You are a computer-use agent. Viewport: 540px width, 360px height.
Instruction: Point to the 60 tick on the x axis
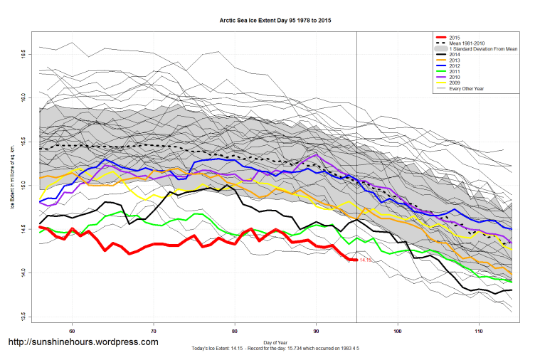click(72, 331)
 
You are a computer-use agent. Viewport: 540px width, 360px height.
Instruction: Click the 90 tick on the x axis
click(316, 331)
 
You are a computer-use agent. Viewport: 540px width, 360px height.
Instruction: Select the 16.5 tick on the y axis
click(23, 53)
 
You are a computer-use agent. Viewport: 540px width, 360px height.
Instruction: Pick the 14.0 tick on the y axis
click(23, 273)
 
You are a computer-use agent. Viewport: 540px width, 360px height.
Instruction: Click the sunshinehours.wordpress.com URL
click(83, 342)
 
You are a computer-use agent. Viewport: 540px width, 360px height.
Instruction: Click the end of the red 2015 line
click(356, 260)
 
